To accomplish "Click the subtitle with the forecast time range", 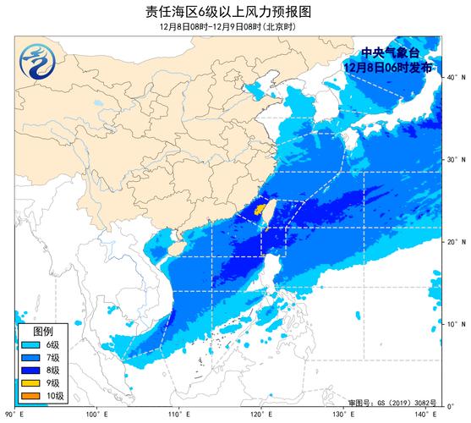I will [235, 27].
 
